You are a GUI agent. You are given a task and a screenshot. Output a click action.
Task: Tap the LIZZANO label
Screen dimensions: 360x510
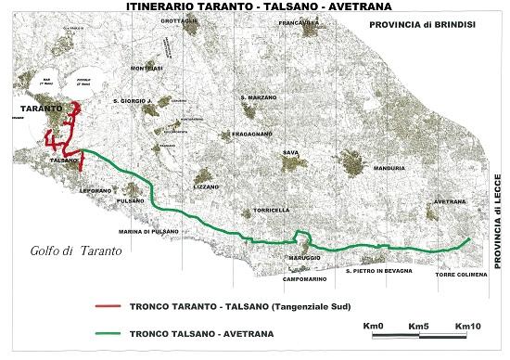click(207, 186)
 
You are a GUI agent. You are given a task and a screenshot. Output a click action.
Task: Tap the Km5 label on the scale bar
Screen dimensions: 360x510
click(419, 326)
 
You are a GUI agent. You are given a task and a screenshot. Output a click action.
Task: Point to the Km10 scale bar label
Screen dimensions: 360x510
click(467, 326)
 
